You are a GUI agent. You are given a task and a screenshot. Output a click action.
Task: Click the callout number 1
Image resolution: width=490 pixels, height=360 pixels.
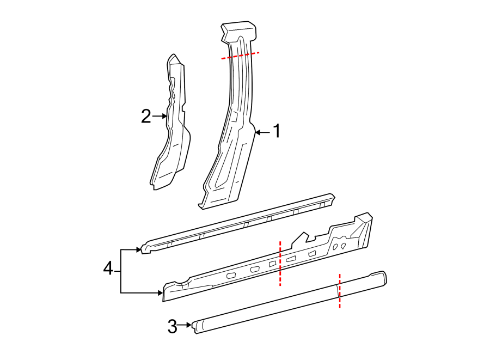point(277,131)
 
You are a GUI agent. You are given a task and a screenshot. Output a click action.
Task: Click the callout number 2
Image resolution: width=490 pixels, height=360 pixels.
point(145,116)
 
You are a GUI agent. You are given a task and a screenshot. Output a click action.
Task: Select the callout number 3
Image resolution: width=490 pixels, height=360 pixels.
point(173,327)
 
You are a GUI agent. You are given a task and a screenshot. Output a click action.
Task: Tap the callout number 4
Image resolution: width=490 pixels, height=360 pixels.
point(108,268)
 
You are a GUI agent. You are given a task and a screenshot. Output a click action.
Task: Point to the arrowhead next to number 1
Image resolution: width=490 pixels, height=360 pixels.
point(258,132)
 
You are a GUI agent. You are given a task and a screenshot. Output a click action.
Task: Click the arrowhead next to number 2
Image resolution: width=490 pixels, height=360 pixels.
point(164,116)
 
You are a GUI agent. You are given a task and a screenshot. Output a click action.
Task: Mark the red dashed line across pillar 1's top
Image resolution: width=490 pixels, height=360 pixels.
point(240,55)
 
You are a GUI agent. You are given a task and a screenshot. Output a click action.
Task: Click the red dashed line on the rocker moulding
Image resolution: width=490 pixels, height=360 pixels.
point(340,291)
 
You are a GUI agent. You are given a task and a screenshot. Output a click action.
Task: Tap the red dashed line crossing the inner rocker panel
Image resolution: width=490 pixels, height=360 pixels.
point(280,263)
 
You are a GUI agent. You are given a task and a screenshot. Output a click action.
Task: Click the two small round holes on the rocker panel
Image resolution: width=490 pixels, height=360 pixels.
point(340,247)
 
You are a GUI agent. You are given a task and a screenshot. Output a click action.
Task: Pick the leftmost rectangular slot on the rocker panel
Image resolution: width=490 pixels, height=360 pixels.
point(231,277)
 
